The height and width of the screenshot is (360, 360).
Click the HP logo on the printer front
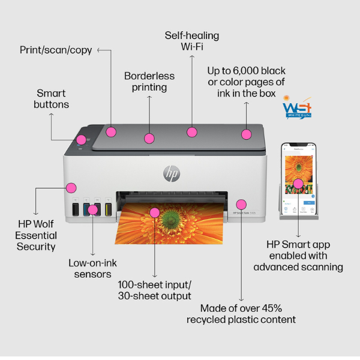click(x=172, y=173)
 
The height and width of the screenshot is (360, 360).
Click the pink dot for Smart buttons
click(x=80, y=140)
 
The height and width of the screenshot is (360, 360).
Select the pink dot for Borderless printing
click(x=149, y=139)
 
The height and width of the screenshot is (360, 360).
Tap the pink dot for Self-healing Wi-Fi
click(x=192, y=132)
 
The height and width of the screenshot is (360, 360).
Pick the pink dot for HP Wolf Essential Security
click(x=71, y=187)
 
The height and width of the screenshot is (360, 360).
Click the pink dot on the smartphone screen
click(x=298, y=183)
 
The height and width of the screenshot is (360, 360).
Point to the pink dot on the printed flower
click(x=154, y=212)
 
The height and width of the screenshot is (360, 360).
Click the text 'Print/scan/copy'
click(x=56, y=50)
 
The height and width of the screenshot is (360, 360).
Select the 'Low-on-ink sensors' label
click(x=90, y=268)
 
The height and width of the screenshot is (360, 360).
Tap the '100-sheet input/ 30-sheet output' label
click(x=155, y=290)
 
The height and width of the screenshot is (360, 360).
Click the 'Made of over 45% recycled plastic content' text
click(x=241, y=313)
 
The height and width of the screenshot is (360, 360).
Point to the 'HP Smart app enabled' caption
click(x=298, y=256)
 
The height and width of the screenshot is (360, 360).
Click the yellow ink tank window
click(x=109, y=209)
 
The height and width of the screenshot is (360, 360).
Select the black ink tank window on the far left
click(x=75, y=209)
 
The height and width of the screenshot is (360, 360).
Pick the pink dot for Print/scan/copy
click(x=111, y=131)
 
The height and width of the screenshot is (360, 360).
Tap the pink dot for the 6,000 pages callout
click(x=246, y=134)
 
